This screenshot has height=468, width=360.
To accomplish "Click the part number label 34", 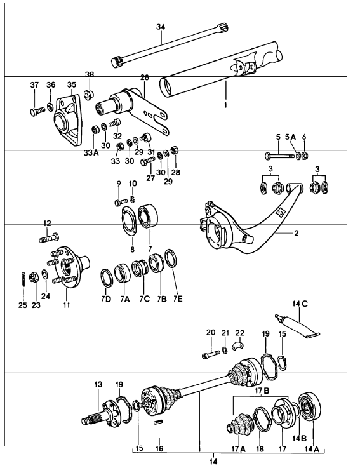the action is click(x=161, y=27).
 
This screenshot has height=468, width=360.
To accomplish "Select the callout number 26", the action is click(x=145, y=77).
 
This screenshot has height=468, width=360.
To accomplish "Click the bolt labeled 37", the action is click(x=37, y=111).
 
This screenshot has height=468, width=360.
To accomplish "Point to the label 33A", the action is click(x=91, y=153).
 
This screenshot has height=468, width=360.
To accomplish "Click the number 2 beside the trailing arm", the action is click(x=296, y=233).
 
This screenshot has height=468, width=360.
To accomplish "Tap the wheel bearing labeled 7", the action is click(x=149, y=215).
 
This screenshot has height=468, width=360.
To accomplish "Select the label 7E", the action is click(x=178, y=298).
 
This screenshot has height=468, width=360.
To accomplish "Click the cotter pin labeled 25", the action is click(x=23, y=279).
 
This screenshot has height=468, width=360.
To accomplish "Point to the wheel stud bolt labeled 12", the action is click(x=49, y=238).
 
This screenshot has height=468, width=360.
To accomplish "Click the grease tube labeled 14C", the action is click(x=297, y=326).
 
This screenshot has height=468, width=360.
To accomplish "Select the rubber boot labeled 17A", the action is click(x=239, y=423).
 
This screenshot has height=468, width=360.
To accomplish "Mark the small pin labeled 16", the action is click(x=159, y=422).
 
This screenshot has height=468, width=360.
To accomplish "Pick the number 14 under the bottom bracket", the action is click(x=213, y=462).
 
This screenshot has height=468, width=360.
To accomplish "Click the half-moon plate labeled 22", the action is click(x=239, y=344).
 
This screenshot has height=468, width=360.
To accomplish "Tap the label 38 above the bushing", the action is click(x=90, y=74).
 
